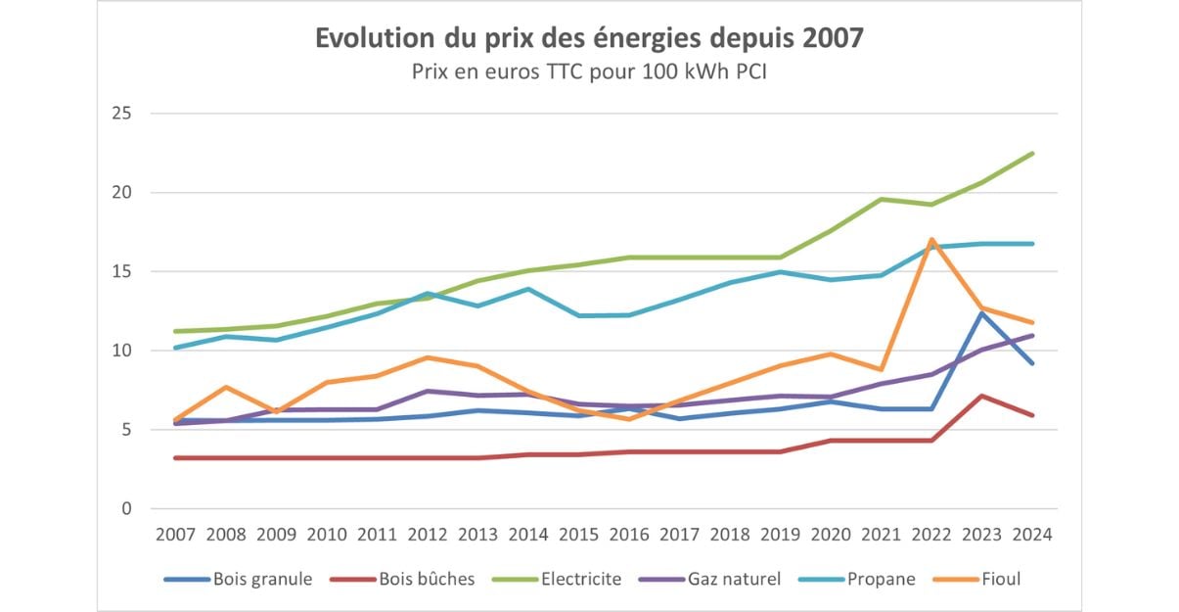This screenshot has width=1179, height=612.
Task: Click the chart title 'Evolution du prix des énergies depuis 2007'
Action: pos(589,38)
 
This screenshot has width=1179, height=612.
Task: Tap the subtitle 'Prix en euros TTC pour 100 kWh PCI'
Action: pos(589,71)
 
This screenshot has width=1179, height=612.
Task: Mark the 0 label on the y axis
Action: pos(126,508)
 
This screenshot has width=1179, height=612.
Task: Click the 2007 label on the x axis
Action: pos(174,536)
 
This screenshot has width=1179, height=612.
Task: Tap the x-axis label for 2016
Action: pos(628,536)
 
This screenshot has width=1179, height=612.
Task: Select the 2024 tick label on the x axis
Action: pos(1031,536)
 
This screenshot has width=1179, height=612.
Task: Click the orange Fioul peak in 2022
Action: pos(931,239)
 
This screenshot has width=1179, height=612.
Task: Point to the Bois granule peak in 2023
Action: pos(981,312)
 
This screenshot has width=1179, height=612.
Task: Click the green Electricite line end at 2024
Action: pos(1032,153)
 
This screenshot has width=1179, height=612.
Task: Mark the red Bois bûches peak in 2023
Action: pos(981,396)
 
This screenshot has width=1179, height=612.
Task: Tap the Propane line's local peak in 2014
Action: pos(528,289)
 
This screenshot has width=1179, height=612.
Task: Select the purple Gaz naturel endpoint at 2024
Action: pos(1032,336)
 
